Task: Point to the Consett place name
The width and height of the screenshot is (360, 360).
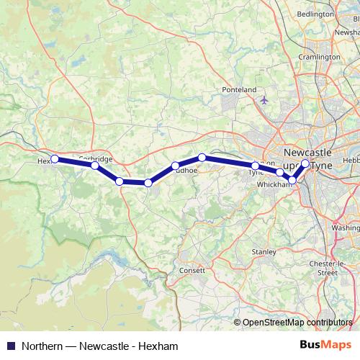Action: click(x=192, y=271)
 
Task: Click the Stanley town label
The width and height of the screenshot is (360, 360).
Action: click(x=264, y=252)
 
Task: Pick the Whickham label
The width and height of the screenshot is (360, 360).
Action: click(x=274, y=184)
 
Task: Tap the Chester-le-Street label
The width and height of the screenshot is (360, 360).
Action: click(x=333, y=269)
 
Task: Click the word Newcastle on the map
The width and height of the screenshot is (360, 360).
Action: click(x=307, y=153)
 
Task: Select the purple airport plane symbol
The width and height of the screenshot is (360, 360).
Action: click(x=264, y=100)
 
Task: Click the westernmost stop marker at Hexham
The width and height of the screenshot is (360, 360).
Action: click(x=55, y=158)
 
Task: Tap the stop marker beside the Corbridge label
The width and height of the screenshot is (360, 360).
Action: click(x=95, y=166)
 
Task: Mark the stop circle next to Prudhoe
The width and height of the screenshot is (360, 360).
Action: click(x=175, y=166)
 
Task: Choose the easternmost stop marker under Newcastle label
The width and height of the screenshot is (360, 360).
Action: click(x=305, y=163)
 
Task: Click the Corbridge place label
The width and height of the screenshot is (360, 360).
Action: click(x=95, y=158)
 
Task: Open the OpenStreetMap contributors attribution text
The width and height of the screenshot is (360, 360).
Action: click(x=297, y=322)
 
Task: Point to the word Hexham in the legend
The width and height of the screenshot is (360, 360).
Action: click(x=159, y=346)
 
